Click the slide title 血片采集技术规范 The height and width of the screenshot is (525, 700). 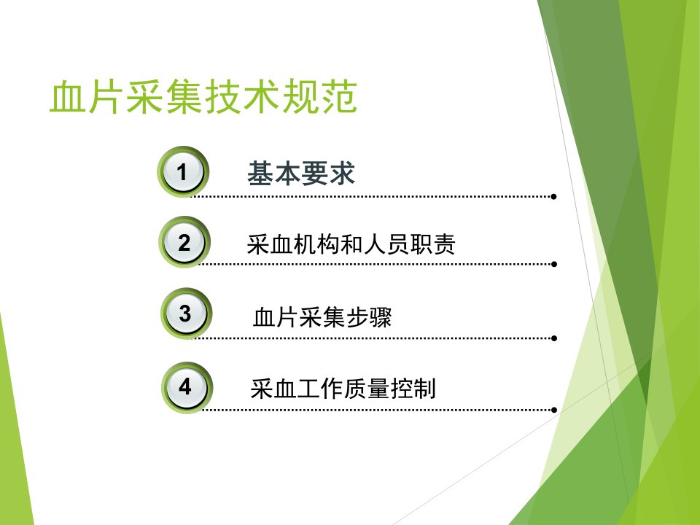[x=203, y=96]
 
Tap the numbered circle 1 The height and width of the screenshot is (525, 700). [x=182, y=172]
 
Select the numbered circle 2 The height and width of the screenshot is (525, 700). [x=184, y=242]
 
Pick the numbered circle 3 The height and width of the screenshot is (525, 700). [x=186, y=313]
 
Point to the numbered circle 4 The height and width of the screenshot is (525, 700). [x=187, y=387]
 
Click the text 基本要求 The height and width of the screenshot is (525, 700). [x=301, y=173]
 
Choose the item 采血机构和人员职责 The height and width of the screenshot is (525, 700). [x=351, y=244]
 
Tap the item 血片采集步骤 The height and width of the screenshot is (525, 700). [x=322, y=317]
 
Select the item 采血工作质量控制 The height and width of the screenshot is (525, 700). [x=343, y=388]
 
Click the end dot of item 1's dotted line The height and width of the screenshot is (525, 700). [x=553, y=196]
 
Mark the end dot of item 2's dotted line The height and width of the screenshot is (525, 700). [x=554, y=264]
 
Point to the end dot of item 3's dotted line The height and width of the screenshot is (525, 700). [x=554, y=338]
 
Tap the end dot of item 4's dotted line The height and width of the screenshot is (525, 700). [x=554, y=410]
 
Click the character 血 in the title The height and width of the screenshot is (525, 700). [x=68, y=96]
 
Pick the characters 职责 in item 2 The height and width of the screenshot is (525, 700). [x=432, y=244]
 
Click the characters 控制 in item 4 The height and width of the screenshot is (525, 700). [x=413, y=388]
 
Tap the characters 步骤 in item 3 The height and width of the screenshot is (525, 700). [x=369, y=317]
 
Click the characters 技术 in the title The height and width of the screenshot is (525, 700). [x=242, y=96]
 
